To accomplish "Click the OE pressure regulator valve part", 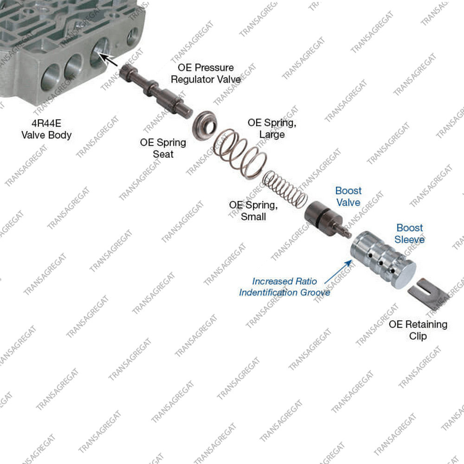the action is click(156, 91).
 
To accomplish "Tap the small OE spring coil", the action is click(285, 189).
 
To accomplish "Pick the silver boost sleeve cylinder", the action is click(383, 259).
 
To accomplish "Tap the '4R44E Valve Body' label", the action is click(46, 129).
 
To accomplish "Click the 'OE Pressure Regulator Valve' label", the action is click(206, 73).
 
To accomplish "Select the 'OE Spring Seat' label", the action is click(163, 148).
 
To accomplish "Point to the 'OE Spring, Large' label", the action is click(272, 129).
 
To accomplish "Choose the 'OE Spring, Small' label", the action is click(253, 210).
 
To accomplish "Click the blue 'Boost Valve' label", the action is click(348, 196).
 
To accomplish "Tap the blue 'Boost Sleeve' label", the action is click(410, 233).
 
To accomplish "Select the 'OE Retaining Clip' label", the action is click(418, 330).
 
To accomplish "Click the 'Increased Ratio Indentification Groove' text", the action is click(284, 287).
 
